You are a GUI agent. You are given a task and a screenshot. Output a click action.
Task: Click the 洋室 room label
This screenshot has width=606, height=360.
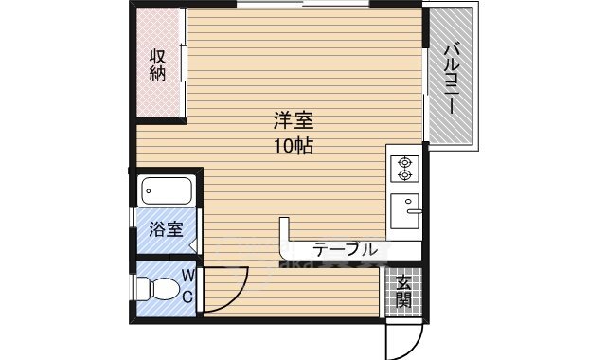[293, 122]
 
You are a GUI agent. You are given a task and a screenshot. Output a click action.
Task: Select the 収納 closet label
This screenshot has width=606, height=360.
[157, 65]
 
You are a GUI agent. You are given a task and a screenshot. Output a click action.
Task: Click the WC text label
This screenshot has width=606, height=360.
[187, 286]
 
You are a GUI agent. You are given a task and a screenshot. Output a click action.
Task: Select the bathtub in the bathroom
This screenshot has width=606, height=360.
[168, 191]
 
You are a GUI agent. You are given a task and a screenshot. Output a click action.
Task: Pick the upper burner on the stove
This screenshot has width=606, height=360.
[406, 160]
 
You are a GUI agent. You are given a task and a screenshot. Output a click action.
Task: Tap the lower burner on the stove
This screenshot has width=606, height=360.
[406, 175]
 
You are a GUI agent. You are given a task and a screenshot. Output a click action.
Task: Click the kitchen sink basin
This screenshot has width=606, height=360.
[405, 209]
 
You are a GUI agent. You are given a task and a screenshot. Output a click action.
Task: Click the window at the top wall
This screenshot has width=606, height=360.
[303, 5]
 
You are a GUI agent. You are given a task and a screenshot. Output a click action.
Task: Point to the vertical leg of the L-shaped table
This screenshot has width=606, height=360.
[283, 237]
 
